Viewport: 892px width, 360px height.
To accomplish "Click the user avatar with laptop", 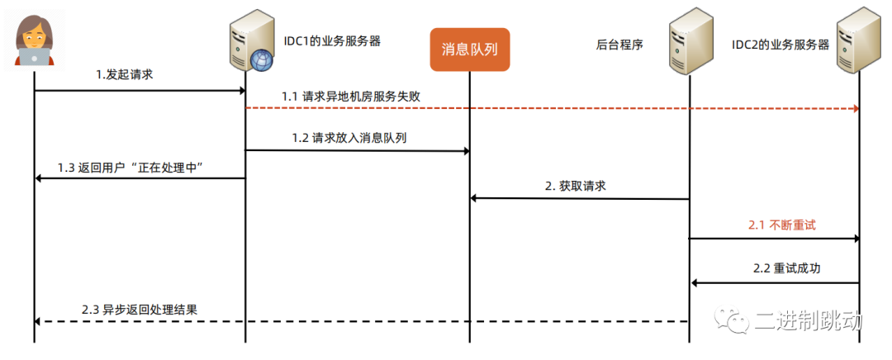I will (x=34, y=40).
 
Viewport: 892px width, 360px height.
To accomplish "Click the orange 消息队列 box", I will (x=469, y=50).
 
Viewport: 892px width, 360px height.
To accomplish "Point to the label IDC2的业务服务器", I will (x=780, y=45).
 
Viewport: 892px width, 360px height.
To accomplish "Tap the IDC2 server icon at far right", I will (x=858, y=41).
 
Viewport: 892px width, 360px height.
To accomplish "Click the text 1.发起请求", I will (x=125, y=74).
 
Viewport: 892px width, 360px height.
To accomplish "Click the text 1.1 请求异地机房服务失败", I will (x=351, y=96).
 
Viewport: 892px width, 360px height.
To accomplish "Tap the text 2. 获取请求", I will (x=576, y=187).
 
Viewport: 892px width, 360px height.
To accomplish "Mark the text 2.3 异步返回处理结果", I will (x=140, y=310).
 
